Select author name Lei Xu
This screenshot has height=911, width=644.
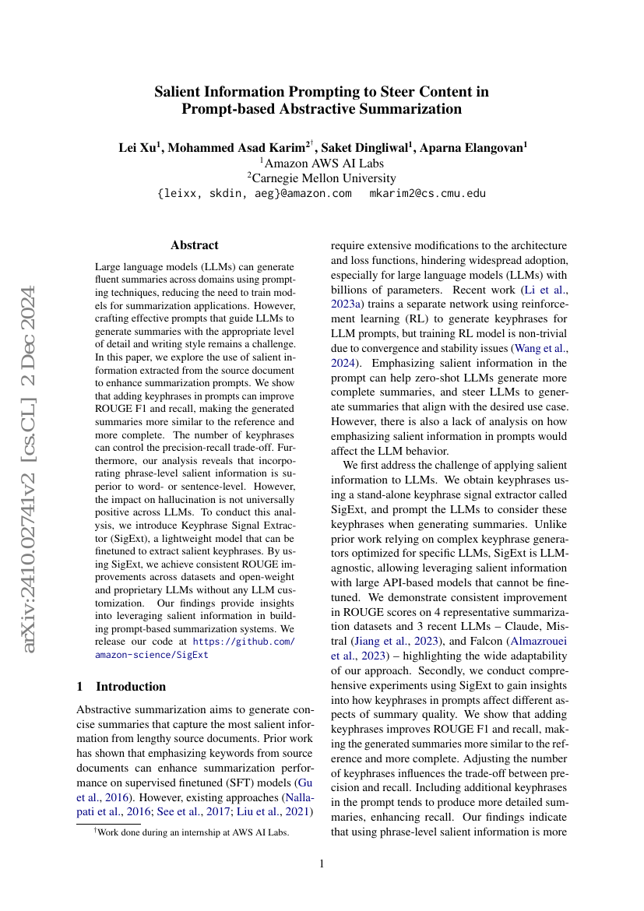(x=139, y=147)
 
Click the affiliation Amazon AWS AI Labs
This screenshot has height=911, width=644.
(x=322, y=163)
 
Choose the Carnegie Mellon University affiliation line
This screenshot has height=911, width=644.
(x=322, y=178)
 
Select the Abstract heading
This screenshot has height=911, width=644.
(x=194, y=244)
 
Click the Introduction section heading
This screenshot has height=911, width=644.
(x=130, y=686)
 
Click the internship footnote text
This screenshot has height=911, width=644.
(x=191, y=832)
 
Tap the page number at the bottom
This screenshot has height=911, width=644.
(x=322, y=864)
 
